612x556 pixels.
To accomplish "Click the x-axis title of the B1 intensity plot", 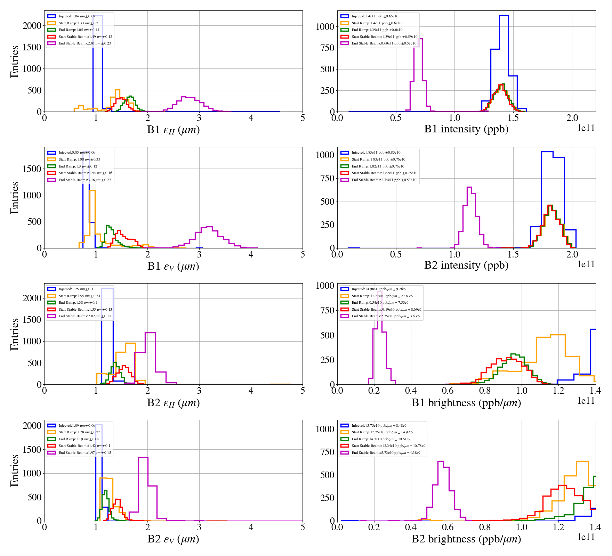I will (x=466, y=129).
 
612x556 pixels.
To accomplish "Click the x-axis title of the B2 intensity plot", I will (x=466, y=265).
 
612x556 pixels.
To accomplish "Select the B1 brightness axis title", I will (x=466, y=402).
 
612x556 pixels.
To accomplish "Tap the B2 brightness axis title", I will (x=466, y=539).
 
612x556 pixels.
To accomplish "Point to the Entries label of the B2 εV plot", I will (x=15, y=470).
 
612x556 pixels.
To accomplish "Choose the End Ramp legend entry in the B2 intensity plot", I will (x=378, y=166).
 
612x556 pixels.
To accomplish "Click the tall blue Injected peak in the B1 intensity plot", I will (x=504, y=16).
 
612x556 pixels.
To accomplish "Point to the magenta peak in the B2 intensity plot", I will (x=469, y=188).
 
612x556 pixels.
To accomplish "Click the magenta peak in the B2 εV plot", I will (x=143, y=458).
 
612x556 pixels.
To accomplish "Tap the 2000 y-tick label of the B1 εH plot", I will (x=32, y=26).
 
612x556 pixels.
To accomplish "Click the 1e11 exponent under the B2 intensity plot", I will (x=586, y=264).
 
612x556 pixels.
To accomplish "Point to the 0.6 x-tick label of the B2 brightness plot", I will (x=448, y=527).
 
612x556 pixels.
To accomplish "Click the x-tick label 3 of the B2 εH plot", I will (x=199, y=391).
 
